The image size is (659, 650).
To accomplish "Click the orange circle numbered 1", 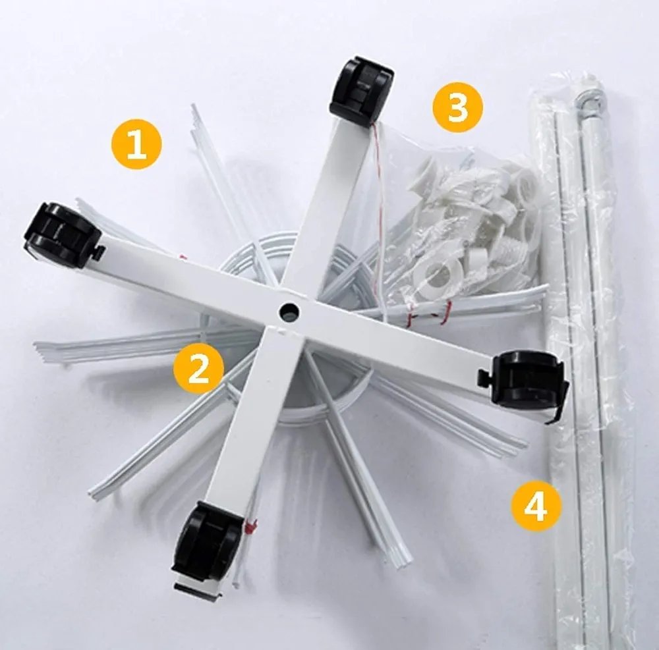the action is [x=136, y=145].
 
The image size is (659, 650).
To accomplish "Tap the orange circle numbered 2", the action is [x=199, y=368].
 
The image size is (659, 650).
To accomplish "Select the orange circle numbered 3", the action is [x=458, y=107].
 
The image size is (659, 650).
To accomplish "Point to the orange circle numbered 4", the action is [x=536, y=507].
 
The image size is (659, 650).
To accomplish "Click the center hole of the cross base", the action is [x=290, y=311].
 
